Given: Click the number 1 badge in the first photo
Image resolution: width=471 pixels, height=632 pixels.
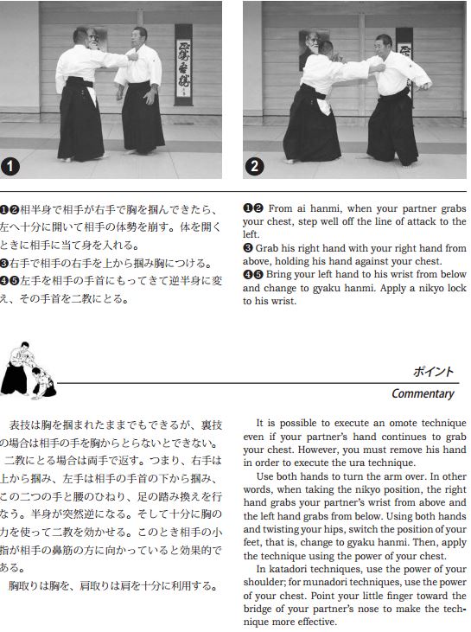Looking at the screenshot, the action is point(10,167).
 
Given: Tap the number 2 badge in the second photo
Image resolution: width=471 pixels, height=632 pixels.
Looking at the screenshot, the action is point(255,166).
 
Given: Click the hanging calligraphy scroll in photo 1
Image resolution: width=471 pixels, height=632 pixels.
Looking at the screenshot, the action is point(183,65).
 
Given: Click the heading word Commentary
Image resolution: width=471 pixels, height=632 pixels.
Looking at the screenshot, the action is point(423,393).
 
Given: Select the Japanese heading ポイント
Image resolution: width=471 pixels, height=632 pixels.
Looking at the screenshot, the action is point(433,372).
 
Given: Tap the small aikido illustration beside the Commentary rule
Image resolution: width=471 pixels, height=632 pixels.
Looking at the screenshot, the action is point(28,370).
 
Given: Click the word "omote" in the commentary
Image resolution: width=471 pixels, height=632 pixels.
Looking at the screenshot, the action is point(398,423).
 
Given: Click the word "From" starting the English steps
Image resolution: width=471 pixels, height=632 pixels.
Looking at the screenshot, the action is point(280,208).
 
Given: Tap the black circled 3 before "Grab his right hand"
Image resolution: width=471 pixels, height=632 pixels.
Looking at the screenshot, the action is point(247,248).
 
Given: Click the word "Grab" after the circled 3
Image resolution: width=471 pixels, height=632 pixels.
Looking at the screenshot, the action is point(266,248).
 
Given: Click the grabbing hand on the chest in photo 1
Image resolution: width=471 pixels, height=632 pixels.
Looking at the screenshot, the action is point(133,56).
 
